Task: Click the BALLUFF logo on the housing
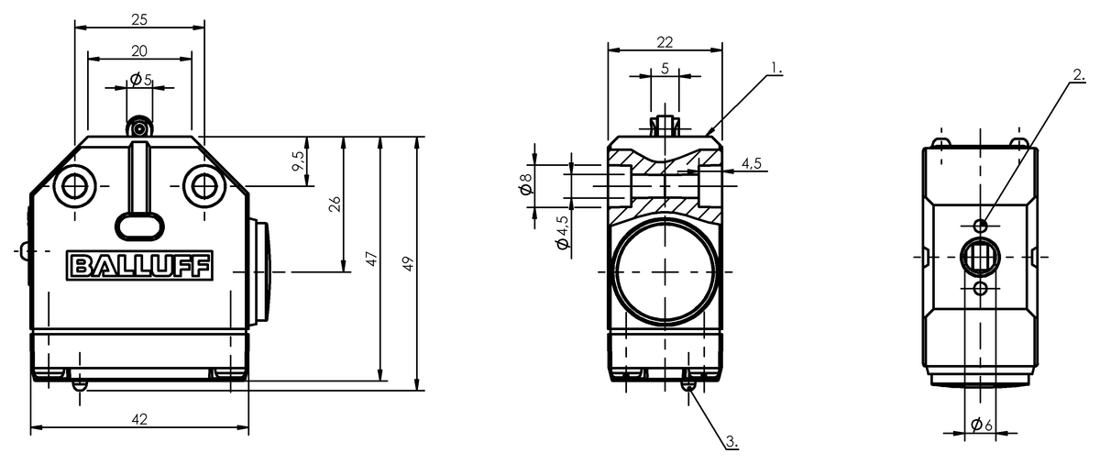(x=140, y=266)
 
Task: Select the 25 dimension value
(x=139, y=19)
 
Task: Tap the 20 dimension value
(x=139, y=51)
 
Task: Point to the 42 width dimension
(x=139, y=419)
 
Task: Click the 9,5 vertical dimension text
(x=298, y=161)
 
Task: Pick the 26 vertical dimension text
(x=335, y=204)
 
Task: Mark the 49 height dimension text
(x=408, y=264)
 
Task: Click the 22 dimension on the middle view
(x=665, y=42)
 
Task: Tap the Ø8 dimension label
(x=526, y=183)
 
